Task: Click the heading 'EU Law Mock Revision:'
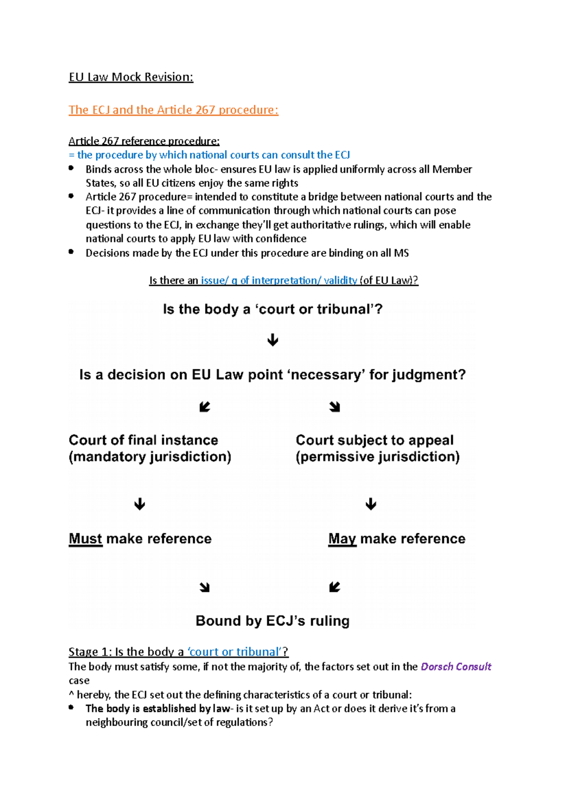pyautogui.click(x=131, y=77)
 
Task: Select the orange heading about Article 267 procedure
pyautogui.click(x=173, y=110)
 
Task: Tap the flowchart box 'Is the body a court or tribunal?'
pyautogui.click(x=273, y=309)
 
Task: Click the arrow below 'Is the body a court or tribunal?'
pyautogui.click(x=273, y=340)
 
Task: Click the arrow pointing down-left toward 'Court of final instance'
pyautogui.click(x=205, y=407)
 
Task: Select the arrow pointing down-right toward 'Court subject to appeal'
pyautogui.click(x=335, y=407)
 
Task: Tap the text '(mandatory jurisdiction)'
pyautogui.click(x=150, y=457)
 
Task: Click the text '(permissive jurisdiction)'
pyautogui.click(x=378, y=457)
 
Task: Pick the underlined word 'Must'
pyautogui.click(x=86, y=539)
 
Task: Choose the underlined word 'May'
pyautogui.click(x=342, y=539)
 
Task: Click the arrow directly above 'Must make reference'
pyautogui.click(x=139, y=504)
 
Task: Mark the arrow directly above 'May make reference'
pyautogui.click(x=371, y=504)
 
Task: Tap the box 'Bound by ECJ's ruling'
pyautogui.click(x=273, y=621)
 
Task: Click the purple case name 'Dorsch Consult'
pyautogui.click(x=455, y=666)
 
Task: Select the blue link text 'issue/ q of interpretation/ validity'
pyautogui.click(x=279, y=281)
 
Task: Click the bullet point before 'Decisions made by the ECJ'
pyautogui.click(x=71, y=252)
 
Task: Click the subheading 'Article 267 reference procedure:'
pyautogui.click(x=144, y=141)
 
